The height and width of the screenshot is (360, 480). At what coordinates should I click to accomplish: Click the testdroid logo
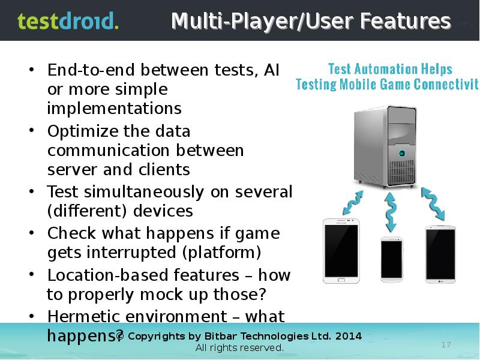tap(68, 22)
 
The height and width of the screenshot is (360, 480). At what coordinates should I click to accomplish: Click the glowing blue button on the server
tap(401, 153)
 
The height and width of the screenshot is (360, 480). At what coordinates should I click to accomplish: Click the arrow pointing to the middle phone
tap(391, 211)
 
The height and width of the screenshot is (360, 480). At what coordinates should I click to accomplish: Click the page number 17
tap(446, 344)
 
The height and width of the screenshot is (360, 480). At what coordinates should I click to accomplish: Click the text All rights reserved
tap(239, 348)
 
